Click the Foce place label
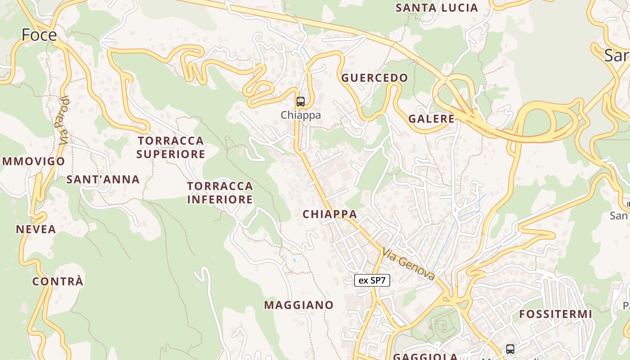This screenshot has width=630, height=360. tap(39, 35)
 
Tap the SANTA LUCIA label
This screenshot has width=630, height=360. tap(436, 8)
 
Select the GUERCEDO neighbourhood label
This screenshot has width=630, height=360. tap(374, 78)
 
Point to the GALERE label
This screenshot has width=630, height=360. tap(431, 119)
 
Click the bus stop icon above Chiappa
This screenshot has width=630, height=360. tap(300, 102)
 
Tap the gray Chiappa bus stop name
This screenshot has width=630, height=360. tap(301, 115)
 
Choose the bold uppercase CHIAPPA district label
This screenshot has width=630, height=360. tap(330, 214)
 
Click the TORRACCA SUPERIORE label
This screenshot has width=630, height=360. tap(171, 147)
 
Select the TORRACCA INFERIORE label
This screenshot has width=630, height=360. tap(220, 193)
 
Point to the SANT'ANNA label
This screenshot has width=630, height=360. tap(103, 180)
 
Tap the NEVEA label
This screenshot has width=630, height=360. tap(36, 229)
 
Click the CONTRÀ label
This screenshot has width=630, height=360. tap(58, 282)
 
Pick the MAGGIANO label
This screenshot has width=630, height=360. tap(299, 305)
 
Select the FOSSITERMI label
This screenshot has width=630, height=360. tap(556, 314)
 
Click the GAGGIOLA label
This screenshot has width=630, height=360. tap(425, 356)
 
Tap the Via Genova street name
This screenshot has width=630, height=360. tap(409, 263)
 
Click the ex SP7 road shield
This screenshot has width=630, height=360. tap(372, 281)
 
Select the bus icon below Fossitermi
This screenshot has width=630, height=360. tap(510, 349)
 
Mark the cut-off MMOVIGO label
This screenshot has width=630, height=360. tap(34, 162)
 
